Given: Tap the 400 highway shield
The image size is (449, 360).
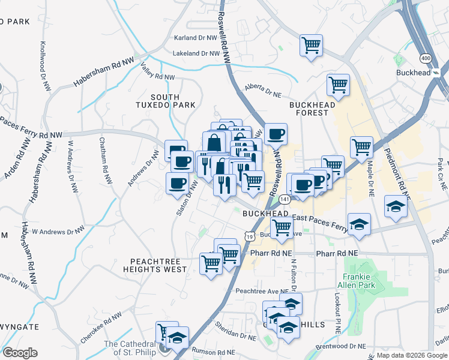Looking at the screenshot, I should pyautogui.click(x=426, y=58).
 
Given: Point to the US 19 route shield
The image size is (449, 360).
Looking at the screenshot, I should pyautogui.click(x=248, y=238).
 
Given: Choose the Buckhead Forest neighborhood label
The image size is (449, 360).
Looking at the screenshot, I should pyautogui.click(x=312, y=109).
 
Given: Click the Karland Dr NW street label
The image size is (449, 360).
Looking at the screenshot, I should pyautogui.click(x=194, y=38).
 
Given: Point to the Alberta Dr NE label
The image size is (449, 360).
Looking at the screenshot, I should pyautogui.click(x=263, y=91).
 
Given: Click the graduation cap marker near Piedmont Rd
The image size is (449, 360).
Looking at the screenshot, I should pyautogui.click(x=396, y=206).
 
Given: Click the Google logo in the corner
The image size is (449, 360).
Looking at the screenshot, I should pyautogui.click(x=20, y=353).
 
